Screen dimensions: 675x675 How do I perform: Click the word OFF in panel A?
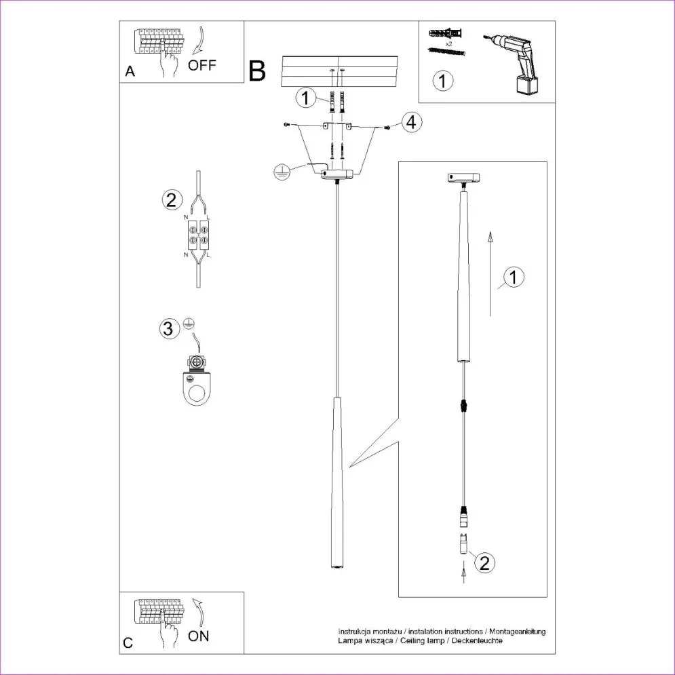coord(202,66)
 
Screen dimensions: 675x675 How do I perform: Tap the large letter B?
coord(257,71)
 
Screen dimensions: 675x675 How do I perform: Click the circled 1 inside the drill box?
coord(442,81)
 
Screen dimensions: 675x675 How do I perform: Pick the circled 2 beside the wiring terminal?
coord(171,199)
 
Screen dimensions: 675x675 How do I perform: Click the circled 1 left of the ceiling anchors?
coord(306,98)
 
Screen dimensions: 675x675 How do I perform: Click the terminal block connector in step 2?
coord(197,235)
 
